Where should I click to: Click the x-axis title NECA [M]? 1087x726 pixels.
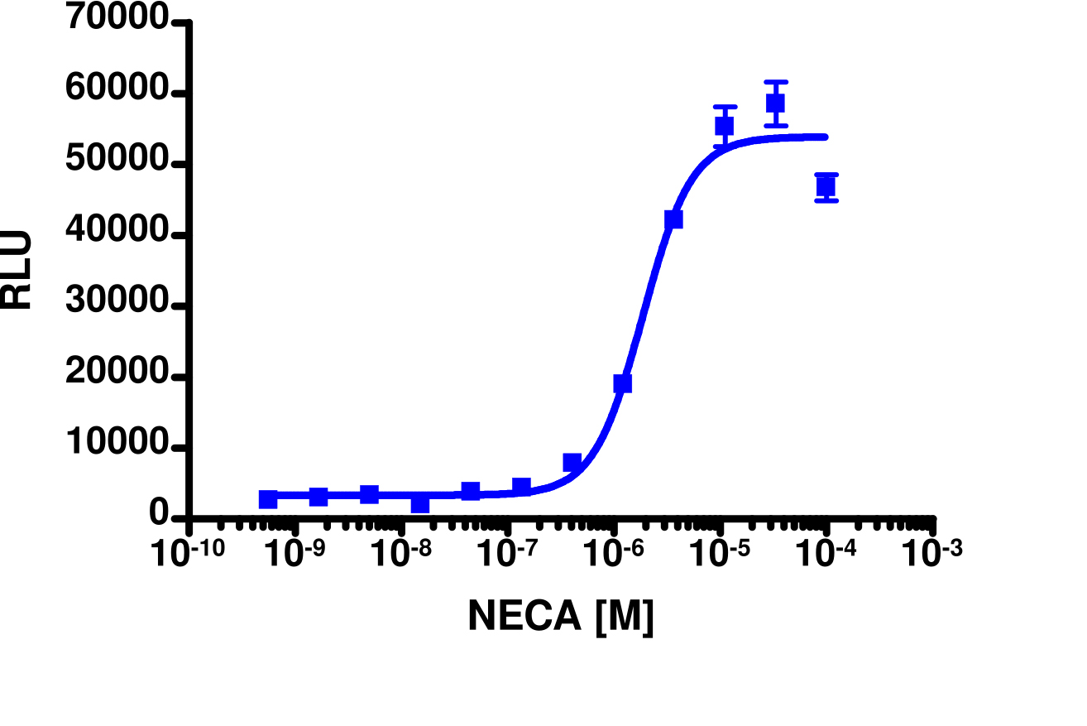point(561,616)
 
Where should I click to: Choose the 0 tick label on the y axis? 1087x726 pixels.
point(159,516)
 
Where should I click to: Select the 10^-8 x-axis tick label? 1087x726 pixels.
point(401,554)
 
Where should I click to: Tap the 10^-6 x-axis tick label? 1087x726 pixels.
point(613,554)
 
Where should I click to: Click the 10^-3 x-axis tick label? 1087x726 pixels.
point(931,554)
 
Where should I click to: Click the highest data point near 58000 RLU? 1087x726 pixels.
point(775,103)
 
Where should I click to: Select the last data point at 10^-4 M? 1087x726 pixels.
point(826,187)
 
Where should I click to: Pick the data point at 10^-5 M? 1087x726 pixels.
point(725,126)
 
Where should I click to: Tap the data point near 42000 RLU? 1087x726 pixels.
point(673,219)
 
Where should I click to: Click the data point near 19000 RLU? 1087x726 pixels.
point(623,383)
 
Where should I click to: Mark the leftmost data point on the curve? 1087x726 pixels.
point(268,499)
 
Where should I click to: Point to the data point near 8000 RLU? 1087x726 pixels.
point(572,462)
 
